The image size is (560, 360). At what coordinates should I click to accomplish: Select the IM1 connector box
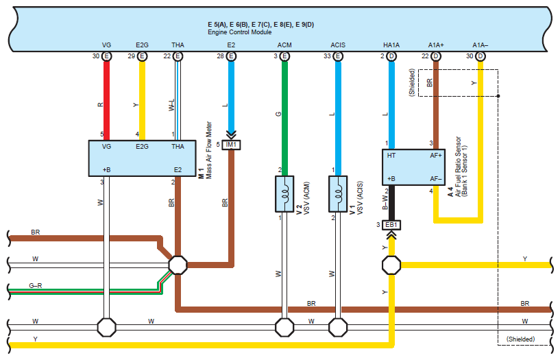click(x=231, y=145)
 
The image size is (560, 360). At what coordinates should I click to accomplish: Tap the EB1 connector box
click(x=391, y=225)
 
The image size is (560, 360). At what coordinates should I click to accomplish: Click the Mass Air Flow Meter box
click(x=143, y=158)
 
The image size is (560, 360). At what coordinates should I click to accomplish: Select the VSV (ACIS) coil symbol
click(x=337, y=195)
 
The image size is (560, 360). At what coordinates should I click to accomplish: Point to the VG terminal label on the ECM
click(x=107, y=45)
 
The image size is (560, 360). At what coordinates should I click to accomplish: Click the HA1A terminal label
click(x=391, y=45)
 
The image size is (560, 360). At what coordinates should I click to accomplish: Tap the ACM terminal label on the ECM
click(x=284, y=45)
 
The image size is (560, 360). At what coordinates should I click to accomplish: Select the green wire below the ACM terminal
click(x=284, y=110)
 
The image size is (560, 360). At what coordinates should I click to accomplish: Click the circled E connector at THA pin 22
click(x=178, y=56)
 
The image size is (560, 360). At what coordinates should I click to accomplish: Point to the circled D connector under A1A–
click(x=480, y=56)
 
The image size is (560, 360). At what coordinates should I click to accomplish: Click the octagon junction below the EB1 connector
click(x=391, y=264)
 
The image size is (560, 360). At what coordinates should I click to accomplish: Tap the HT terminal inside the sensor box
click(x=392, y=156)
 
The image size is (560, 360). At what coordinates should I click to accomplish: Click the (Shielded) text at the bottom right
click(x=520, y=339)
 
